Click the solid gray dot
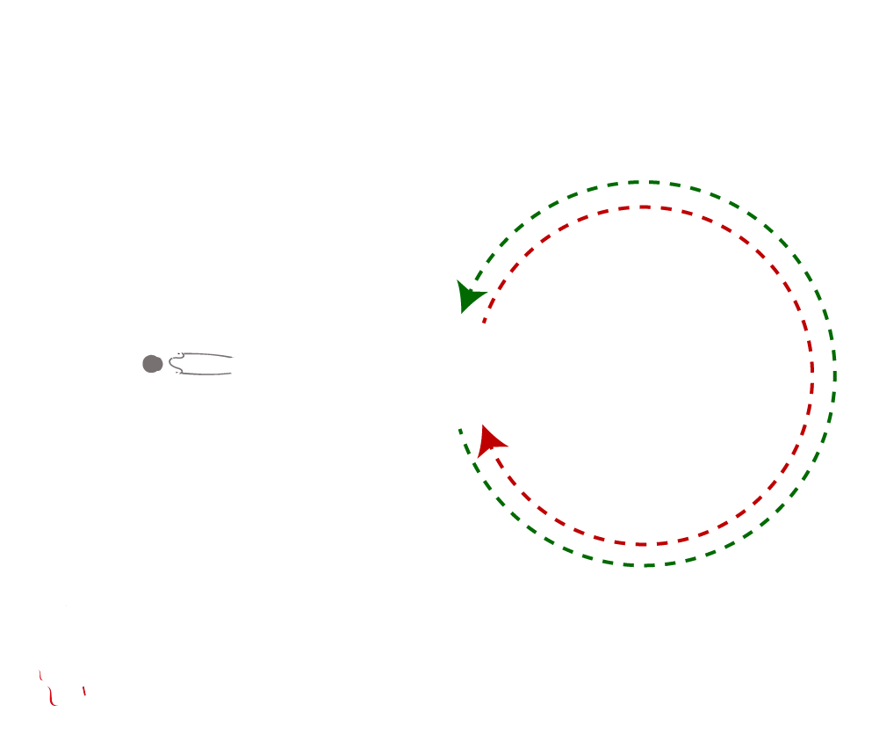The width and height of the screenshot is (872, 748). [152, 364]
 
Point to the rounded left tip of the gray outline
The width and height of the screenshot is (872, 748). [170, 362]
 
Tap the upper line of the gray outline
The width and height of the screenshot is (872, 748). [206, 354]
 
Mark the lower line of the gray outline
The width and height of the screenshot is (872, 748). [206, 374]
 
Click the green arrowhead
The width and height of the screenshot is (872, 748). [469, 296]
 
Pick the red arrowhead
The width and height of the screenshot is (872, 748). [491, 439]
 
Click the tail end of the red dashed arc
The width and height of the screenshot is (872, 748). [484, 323]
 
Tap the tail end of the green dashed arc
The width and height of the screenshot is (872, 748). [459, 429]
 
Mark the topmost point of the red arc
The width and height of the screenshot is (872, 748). [645, 207]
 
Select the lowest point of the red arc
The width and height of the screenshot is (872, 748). [644, 544]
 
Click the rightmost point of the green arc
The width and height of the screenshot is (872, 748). [834, 374]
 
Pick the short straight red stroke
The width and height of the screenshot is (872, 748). [84, 691]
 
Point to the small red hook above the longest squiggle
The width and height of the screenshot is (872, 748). [40, 675]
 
